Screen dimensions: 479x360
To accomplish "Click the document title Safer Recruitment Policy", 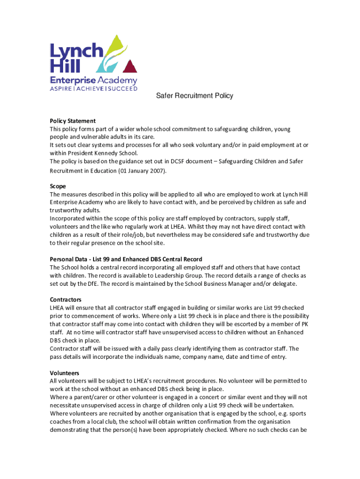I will coord(194,96).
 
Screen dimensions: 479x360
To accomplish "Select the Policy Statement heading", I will coord(72,121).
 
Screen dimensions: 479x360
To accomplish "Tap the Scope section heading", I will coord(58,186).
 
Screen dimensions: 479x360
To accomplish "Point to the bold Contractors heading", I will coord(65,299).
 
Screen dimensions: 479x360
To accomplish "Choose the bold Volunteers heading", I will coord(65,373).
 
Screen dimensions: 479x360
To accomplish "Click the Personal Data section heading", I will coord(126,259).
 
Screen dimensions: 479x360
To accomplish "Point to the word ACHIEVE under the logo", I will coord(91,88).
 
